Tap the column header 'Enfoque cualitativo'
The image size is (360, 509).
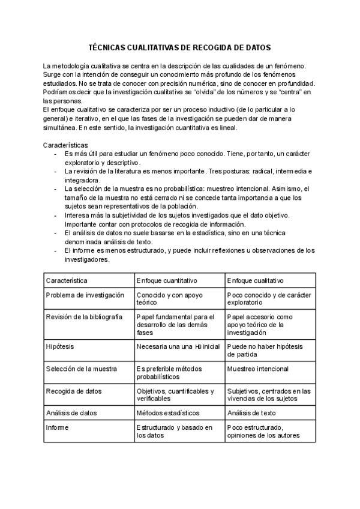tap(256, 280)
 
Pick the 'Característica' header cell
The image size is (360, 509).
tap(67, 280)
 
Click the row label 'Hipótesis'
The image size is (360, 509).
tap(59, 346)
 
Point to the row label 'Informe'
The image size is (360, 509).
tap(58, 427)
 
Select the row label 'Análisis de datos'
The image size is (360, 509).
tap(71, 412)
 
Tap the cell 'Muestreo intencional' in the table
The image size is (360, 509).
tap(258, 369)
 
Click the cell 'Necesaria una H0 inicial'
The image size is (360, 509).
tap(178, 346)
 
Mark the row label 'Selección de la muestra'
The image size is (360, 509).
tap(82, 369)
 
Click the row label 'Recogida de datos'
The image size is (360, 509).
tap(74, 391)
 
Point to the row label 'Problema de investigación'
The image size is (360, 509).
tap(85, 295)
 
